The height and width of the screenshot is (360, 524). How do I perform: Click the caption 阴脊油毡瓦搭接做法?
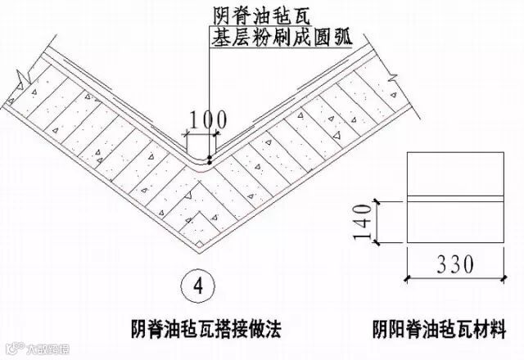[x=198, y=329]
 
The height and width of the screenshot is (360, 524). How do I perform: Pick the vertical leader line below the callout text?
[x=210, y=90]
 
